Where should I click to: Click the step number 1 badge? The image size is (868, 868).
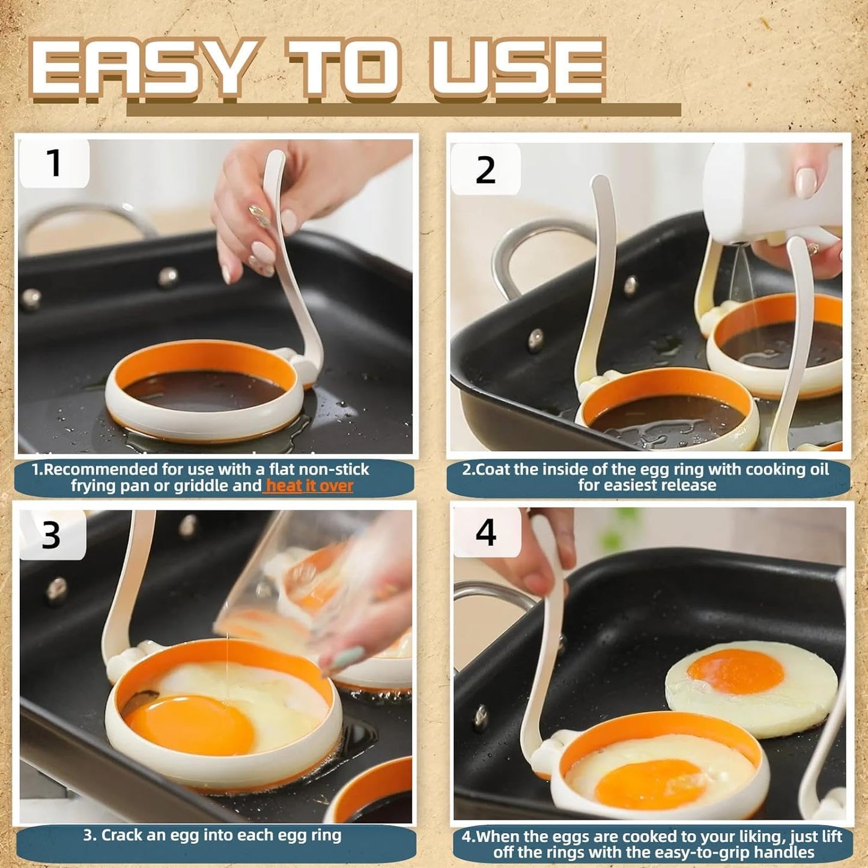(x=54, y=163)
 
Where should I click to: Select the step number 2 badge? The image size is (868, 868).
(x=485, y=171)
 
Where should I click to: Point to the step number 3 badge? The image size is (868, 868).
(x=52, y=534)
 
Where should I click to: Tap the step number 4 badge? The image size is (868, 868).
(x=486, y=532)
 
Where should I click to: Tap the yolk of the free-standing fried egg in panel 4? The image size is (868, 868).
(x=736, y=671)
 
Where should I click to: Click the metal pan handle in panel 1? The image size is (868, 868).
(x=78, y=219)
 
